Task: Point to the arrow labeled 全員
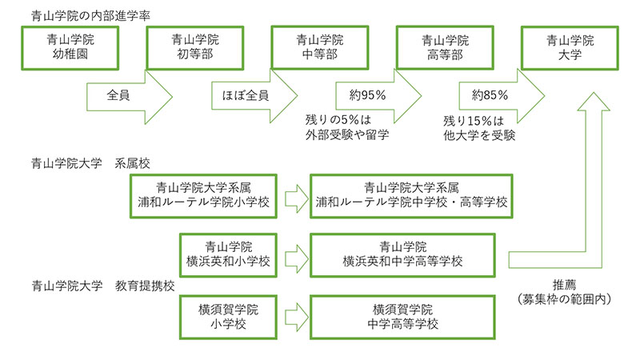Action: pos(130,96)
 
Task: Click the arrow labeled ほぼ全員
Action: pos(254,96)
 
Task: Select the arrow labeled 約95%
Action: pos(378,96)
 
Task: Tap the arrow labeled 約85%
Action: pos(502,96)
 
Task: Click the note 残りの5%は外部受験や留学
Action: pos(347,127)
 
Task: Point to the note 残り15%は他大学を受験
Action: pos(479,128)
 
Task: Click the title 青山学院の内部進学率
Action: pos(90,16)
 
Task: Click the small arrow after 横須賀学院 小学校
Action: pos(297,317)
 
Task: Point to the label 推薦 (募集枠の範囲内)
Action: pos(565,292)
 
